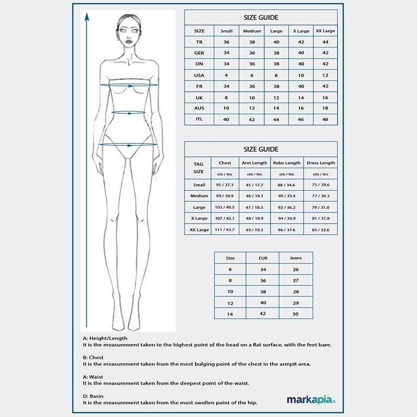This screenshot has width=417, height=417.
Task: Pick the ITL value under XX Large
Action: [x=325, y=119]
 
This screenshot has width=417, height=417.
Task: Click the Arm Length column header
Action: [x=254, y=163]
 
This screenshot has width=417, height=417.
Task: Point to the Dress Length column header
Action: [x=321, y=163]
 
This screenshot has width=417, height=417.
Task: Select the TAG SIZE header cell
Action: [x=199, y=167]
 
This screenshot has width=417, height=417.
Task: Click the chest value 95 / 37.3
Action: [x=225, y=185]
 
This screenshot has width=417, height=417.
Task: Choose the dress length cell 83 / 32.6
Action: [x=321, y=229]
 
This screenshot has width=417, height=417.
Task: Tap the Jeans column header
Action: [x=296, y=258]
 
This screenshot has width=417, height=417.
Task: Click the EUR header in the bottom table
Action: [x=263, y=258]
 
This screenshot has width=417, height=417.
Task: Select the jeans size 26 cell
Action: [x=296, y=269]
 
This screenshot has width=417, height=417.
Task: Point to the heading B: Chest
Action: [x=93, y=358]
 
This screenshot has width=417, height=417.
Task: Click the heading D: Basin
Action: [x=93, y=396]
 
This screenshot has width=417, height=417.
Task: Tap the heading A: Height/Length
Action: [x=105, y=338]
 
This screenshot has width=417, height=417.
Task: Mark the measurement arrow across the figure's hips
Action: [x=128, y=144]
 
